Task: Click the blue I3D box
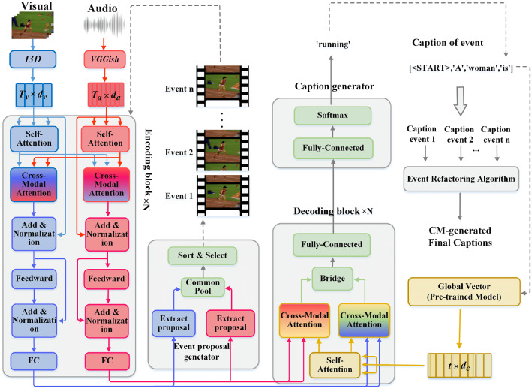(32, 59)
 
